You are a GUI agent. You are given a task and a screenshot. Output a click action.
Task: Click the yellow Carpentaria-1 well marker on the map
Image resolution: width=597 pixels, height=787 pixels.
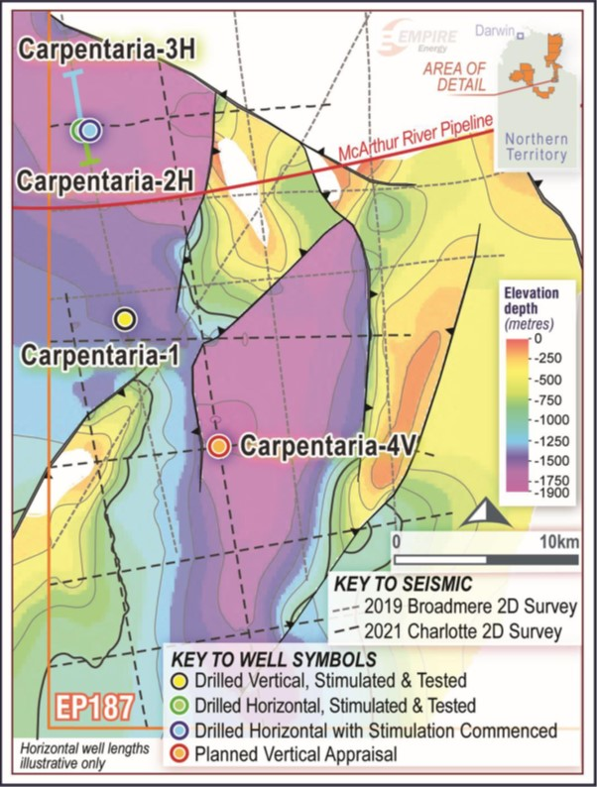pos(125,318)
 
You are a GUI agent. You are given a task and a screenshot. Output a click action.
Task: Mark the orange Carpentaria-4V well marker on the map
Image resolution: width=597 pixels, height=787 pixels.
pos(220,446)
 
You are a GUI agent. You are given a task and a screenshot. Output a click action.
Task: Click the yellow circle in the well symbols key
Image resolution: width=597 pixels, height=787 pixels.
pos(180,681)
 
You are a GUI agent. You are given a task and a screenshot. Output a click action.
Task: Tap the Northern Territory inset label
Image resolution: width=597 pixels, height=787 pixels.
pos(535,147)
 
